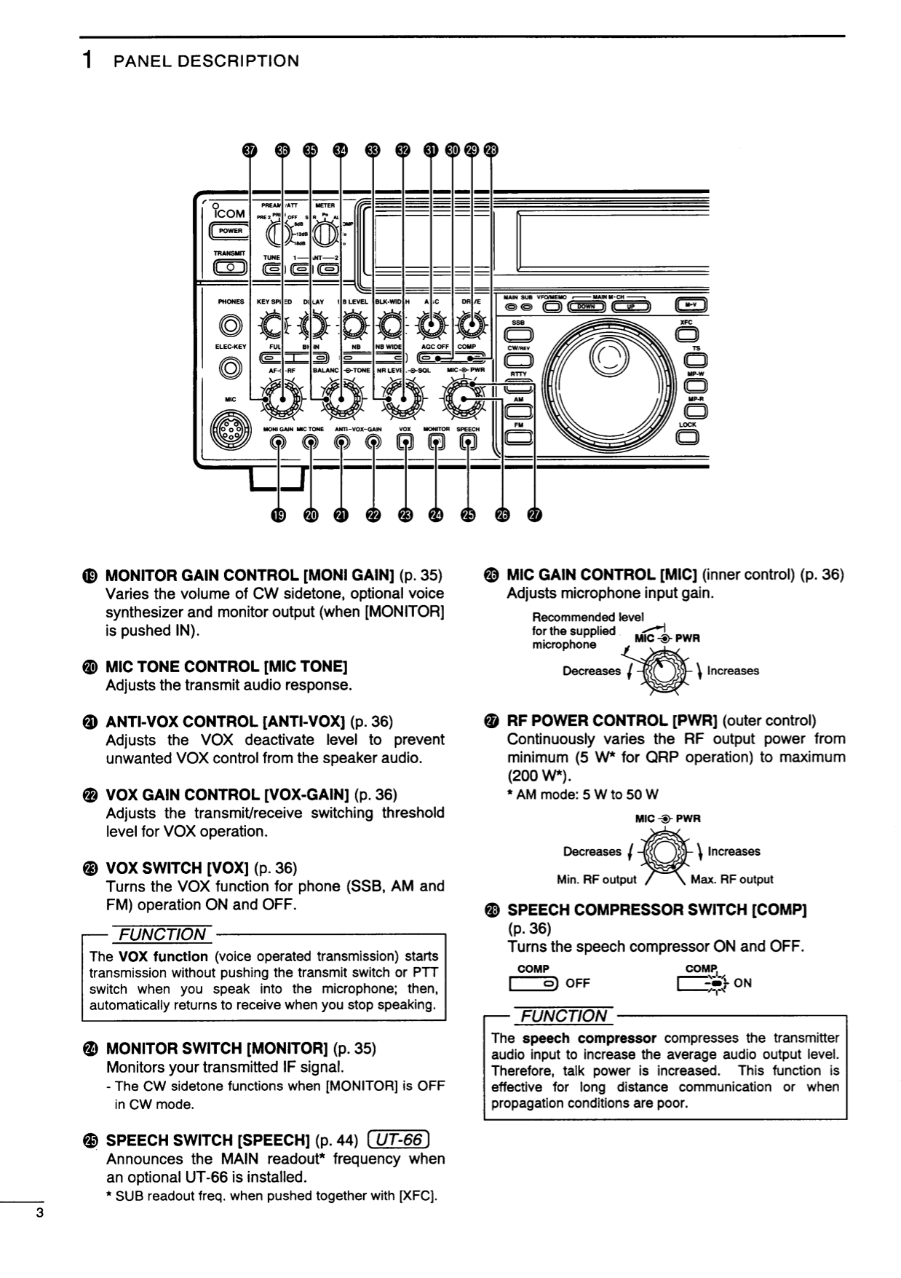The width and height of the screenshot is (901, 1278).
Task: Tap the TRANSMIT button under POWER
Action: pos(230,267)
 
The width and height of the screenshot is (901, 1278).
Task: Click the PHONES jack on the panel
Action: pos(231,324)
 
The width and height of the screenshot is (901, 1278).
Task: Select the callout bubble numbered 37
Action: pos(250,149)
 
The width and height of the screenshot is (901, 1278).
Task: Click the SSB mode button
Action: pos(518,334)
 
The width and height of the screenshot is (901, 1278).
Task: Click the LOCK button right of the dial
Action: pos(687,437)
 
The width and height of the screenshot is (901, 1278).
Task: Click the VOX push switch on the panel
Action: pos(405,443)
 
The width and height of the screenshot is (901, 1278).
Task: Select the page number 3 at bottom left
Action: pos(41,1213)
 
